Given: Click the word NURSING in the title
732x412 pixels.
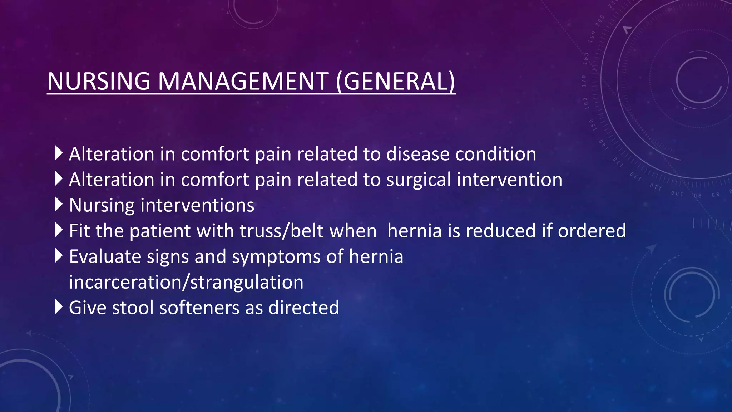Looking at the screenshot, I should [99, 81].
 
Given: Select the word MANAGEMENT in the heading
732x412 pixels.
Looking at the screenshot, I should [243, 81].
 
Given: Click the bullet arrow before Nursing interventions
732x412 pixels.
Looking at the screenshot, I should [59, 204].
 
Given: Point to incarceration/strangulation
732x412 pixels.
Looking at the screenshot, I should [186, 282].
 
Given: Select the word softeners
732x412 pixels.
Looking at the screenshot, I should [199, 308].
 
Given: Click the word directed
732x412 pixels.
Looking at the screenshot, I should [303, 308].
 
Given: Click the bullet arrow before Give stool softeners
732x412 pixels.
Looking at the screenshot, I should [59, 307].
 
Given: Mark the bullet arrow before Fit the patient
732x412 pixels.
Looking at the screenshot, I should [59, 230].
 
